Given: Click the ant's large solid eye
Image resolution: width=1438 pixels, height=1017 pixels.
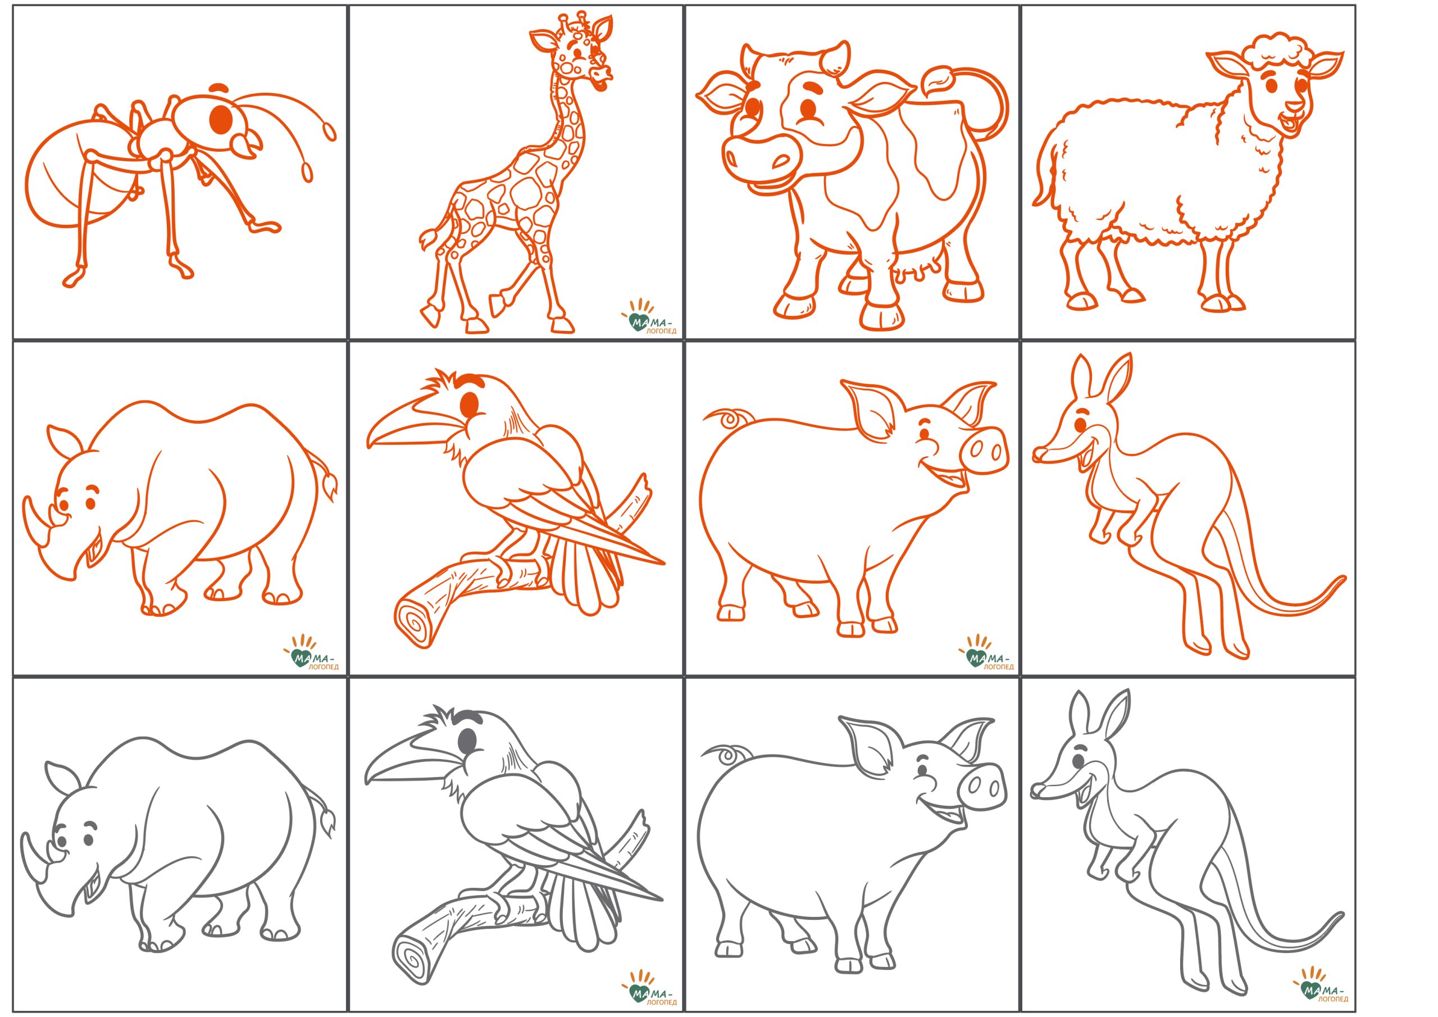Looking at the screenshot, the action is pos(221,119).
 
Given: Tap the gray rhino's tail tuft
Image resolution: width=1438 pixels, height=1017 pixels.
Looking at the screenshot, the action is pos(327,819).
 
